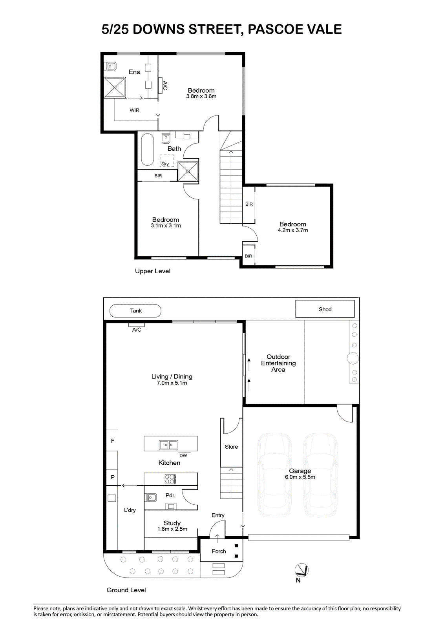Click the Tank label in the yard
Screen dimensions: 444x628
pyautogui.click(x=136, y=310)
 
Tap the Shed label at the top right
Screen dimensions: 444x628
pyautogui.click(x=325, y=309)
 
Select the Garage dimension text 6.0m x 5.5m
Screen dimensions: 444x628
pyautogui.click(x=300, y=477)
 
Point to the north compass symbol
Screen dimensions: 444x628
pyautogui.click(x=301, y=570)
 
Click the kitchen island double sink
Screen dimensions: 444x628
pyautogui.click(x=168, y=445)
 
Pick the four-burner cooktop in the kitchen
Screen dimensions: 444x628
pyautogui.click(x=170, y=479)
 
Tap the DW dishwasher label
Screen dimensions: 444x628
pyautogui.click(x=183, y=456)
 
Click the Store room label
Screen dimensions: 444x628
pyautogui.click(x=231, y=447)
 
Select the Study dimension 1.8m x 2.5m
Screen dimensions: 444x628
pyautogui.click(x=172, y=529)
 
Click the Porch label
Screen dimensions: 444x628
pyautogui.click(x=219, y=551)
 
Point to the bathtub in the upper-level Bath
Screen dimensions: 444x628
pyautogui.click(x=148, y=150)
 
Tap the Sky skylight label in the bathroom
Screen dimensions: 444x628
pyautogui.click(x=165, y=164)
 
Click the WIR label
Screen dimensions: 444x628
pyautogui.click(x=134, y=110)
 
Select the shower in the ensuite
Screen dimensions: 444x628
pyautogui.click(x=115, y=88)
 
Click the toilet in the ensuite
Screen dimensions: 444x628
pyautogui.click(x=111, y=66)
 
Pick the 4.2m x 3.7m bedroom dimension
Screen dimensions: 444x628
pyautogui.click(x=293, y=230)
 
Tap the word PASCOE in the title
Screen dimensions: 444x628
pyautogui.click(x=274, y=29)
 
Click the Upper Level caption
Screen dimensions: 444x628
pyautogui.click(x=153, y=271)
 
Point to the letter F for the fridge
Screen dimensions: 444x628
pyautogui.click(x=113, y=441)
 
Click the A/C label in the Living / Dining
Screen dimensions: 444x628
pyautogui.click(x=137, y=330)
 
